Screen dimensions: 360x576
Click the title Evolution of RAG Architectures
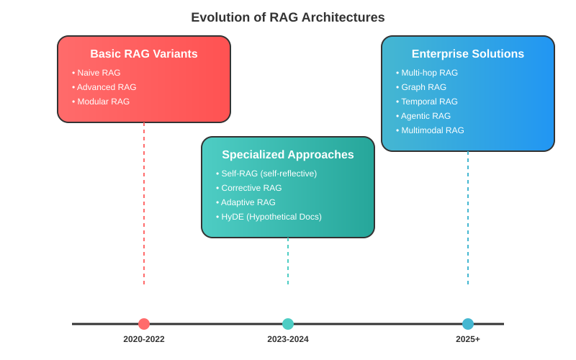pos(288,17)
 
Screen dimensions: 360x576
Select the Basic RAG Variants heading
pos(144,54)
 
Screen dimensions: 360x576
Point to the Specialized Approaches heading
pos(288,155)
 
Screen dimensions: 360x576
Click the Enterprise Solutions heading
pos(468,54)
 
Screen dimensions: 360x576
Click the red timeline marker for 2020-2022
pos(144,324)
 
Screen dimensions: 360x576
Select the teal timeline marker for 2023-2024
pos(288,324)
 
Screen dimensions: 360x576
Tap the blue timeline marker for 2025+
pos(468,324)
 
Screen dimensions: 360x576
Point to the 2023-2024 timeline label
pos(288,339)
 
